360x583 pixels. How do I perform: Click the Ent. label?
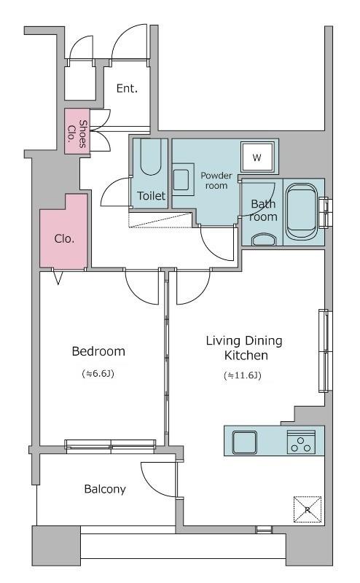pyautogui.click(x=127, y=88)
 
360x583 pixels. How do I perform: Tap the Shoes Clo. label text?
pyautogui.click(x=77, y=134)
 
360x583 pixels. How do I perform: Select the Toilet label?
pyautogui.click(x=151, y=195)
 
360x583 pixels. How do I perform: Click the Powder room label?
pyautogui.click(x=216, y=180)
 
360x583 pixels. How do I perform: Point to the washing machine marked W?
pyautogui.click(x=257, y=157)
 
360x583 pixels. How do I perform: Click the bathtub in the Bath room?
pyautogui.click(x=302, y=212)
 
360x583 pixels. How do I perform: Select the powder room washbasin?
pyautogui.click(x=181, y=180)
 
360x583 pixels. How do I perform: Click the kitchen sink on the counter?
pyautogui.click(x=244, y=442)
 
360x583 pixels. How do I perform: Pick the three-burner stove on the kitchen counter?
pyautogui.click(x=301, y=442)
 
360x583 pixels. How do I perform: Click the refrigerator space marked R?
pyautogui.click(x=308, y=509)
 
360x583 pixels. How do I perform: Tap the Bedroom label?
pyautogui.click(x=98, y=351)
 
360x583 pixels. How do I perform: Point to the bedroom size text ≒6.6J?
pyautogui.click(x=98, y=373)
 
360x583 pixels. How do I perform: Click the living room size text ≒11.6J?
pyautogui.click(x=243, y=375)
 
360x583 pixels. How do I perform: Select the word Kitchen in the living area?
pyautogui.click(x=246, y=355)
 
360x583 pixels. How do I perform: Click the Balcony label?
pyautogui.click(x=105, y=489)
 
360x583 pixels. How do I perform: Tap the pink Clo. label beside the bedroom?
pyautogui.click(x=64, y=238)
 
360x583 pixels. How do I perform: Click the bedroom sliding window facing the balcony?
pyautogui.click(x=111, y=445)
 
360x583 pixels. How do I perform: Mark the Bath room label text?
pyautogui.click(x=263, y=210)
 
